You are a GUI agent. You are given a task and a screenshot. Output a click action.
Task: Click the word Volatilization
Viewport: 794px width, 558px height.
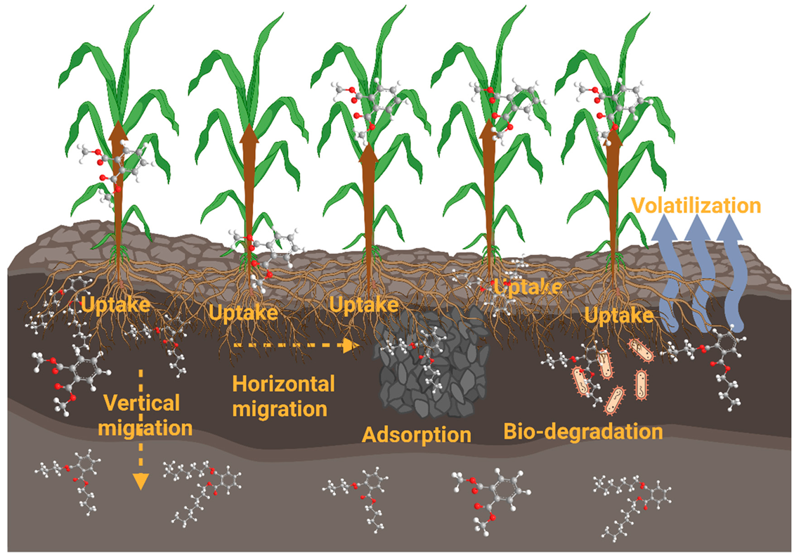coord(695,206)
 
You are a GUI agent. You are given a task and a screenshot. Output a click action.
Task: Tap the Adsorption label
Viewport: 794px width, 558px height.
coord(416,434)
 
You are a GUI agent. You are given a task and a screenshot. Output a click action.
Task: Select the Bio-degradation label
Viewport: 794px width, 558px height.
coord(583,431)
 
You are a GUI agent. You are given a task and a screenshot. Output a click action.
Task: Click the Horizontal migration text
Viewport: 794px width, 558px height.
coord(283,396)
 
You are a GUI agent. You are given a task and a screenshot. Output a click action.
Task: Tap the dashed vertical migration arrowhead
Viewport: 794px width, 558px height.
coord(141,480)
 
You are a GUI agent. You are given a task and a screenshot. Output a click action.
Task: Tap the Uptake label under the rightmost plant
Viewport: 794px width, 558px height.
coord(618,316)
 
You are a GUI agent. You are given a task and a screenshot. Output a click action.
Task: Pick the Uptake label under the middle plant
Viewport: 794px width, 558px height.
coord(364,305)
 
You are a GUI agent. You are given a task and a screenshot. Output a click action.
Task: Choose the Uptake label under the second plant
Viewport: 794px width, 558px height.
coord(243,313)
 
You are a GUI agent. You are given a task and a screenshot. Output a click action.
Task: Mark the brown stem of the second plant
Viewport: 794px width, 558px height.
coord(247,183)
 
